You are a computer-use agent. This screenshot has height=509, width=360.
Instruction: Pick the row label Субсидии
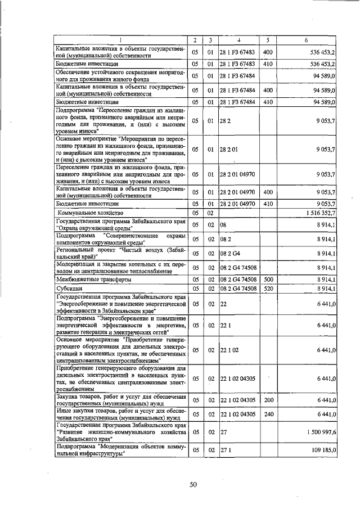point(65,289)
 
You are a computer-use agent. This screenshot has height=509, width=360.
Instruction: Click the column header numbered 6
point(305,40)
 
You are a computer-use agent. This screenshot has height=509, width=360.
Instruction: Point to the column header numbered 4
point(238,40)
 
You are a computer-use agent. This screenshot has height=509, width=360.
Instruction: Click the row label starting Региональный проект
point(120,254)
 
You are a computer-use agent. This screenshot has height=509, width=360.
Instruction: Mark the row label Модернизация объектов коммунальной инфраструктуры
point(120,451)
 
